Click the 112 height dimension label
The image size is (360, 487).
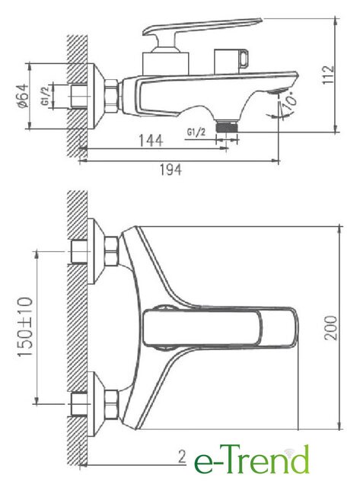(x=328, y=75)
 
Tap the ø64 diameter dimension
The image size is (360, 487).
(x=23, y=96)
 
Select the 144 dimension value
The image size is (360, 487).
(x=151, y=140)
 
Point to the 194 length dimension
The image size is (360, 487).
(x=170, y=170)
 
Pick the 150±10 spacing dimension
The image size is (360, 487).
(x=25, y=326)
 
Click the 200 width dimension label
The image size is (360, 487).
(x=331, y=328)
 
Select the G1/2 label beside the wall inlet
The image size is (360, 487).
(x=46, y=96)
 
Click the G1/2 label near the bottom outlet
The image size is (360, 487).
(x=196, y=132)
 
